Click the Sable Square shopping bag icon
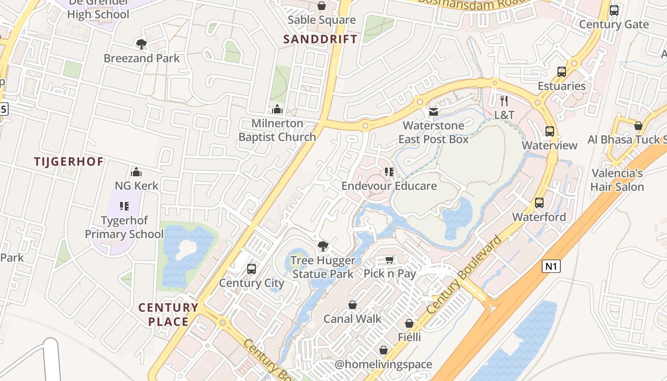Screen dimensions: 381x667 [x=322, y=6]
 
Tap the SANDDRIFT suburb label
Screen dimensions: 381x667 [x=320, y=39]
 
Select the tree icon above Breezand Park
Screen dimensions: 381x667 [x=141, y=44]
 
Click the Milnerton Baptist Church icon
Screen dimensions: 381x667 [x=277, y=110]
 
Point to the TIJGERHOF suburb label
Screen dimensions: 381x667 [x=69, y=161]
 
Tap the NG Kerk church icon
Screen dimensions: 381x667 [x=136, y=171]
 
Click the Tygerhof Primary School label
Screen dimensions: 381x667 [x=124, y=227]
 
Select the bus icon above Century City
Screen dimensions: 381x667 [x=252, y=269]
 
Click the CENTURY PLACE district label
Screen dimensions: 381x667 [x=168, y=314]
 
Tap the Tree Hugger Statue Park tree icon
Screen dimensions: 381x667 [x=323, y=246]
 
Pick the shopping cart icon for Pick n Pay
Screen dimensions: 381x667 [x=390, y=260]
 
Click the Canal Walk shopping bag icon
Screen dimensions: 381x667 [x=353, y=305]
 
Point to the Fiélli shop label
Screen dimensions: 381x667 [x=409, y=337]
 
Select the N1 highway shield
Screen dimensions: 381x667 [x=551, y=266]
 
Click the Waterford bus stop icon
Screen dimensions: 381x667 [x=539, y=203]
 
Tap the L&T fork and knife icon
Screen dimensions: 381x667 [x=504, y=101]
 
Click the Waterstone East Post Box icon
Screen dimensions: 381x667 [x=434, y=112]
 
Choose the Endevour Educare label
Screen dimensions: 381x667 [x=389, y=186]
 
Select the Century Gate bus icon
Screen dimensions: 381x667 [x=614, y=10]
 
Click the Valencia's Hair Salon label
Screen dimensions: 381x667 [x=617, y=180]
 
